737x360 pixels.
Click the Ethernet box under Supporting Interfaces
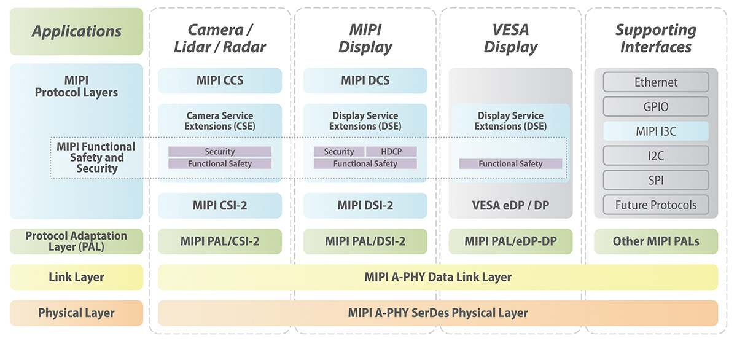click(x=656, y=82)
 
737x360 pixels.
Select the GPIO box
click(x=656, y=107)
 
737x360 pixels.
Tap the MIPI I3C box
click(x=656, y=131)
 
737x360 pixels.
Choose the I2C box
click(x=656, y=156)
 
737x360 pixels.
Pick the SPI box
click(x=656, y=181)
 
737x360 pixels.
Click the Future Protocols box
click(x=656, y=205)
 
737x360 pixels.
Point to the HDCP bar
click(x=391, y=152)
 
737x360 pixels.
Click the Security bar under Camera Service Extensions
click(x=220, y=152)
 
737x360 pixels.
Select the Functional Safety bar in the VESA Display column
click(x=510, y=164)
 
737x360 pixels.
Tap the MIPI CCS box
click(x=220, y=80)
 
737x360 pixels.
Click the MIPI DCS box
click(x=365, y=80)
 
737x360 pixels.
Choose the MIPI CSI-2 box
click(x=220, y=206)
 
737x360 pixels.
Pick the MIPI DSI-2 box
click(x=365, y=206)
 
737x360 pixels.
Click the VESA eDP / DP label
click(x=510, y=206)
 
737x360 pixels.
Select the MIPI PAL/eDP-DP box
click(x=510, y=241)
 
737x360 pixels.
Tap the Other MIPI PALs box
click(x=656, y=241)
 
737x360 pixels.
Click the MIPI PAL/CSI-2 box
click(x=220, y=241)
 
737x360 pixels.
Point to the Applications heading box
click(x=77, y=31)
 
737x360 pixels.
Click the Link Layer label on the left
click(x=77, y=277)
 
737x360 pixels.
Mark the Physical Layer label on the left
click(x=77, y=313)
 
